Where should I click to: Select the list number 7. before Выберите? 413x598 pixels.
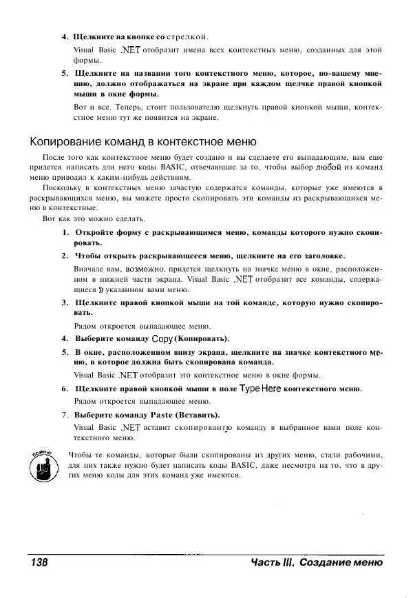65,415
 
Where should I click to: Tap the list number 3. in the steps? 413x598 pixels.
65,302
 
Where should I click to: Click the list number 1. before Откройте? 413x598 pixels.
65,231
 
